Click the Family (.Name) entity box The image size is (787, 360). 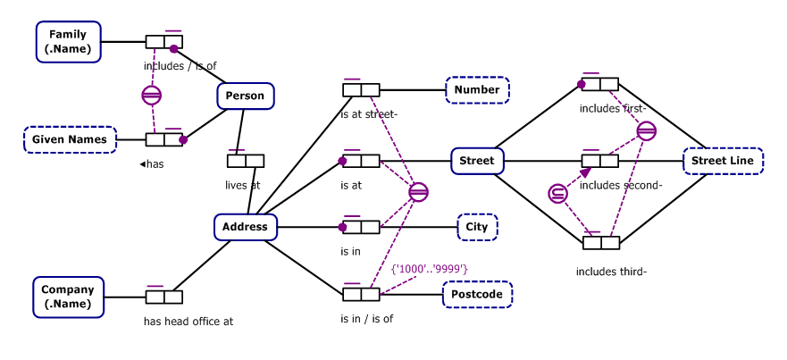click(68, 42)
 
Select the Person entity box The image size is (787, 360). click(245, 96)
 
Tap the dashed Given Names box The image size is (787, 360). click(70, 139)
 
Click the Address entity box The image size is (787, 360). click(245, 227)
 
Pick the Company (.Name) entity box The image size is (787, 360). click(68, 297)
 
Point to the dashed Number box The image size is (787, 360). click(477, 90)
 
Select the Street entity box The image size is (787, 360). click(476, 162)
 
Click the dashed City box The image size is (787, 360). click(477, 227)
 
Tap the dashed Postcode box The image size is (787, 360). click(478, 294)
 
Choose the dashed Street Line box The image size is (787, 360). click(723, 162)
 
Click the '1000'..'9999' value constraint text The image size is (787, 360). click(430, 268)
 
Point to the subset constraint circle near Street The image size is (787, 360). click(557, 193)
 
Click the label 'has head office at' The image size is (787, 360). click(188, 322)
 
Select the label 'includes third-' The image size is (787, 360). click(611, 272)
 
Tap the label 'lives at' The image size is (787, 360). click(242, 186)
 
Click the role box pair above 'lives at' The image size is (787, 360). click(245, 162)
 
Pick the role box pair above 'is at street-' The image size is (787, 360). click(361, 90)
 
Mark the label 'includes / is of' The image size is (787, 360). click(180, 65)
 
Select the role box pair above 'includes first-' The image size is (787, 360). click(599, 85)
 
